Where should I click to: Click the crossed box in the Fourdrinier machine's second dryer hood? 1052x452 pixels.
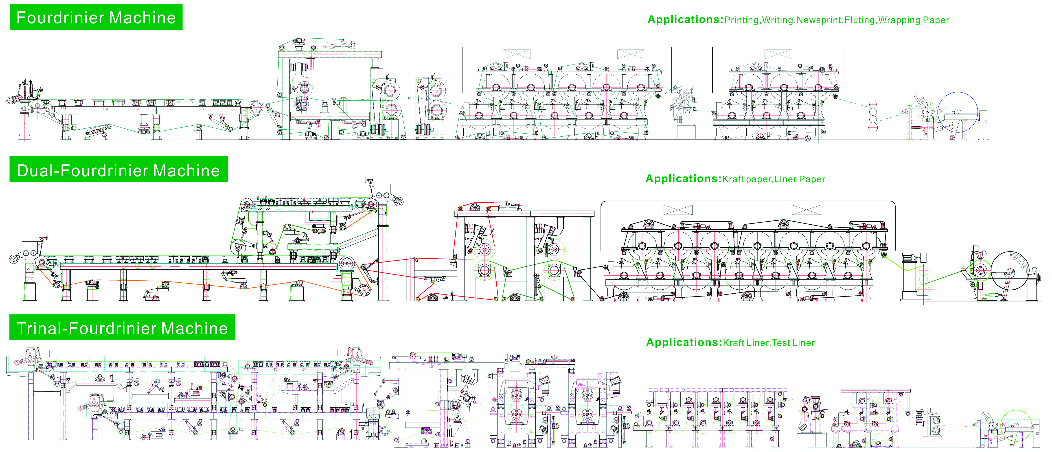coord(778,54)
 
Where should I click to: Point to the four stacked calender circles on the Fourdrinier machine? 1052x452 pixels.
coord(873,116)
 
